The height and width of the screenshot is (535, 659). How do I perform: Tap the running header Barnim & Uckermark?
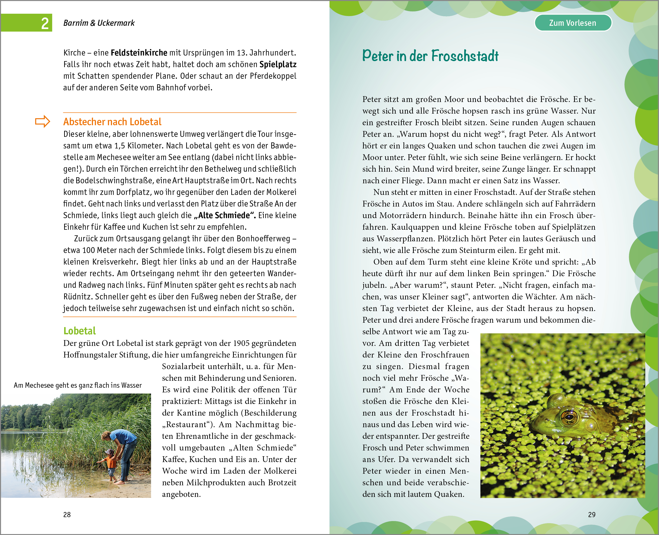[x=99, y=23]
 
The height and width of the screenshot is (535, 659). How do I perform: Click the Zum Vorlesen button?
[x=573, y=23]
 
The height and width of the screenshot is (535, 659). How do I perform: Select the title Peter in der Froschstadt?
[x=430, y=56]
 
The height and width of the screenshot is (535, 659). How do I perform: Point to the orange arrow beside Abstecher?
[x=43, y=121]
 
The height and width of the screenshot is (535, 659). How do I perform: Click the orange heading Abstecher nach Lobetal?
[x=112, y=122]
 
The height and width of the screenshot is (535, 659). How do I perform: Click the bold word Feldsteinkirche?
[x=139, y=53]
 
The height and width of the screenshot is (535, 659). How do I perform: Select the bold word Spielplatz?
[x=278, y=64]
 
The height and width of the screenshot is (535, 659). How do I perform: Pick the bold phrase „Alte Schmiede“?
[x=225, y=215]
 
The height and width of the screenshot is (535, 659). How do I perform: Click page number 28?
[x=67, y=515]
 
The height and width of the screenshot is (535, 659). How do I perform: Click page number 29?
[x=591, y=515]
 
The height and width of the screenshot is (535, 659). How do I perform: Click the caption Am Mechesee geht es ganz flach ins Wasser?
[x=78, y=385]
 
